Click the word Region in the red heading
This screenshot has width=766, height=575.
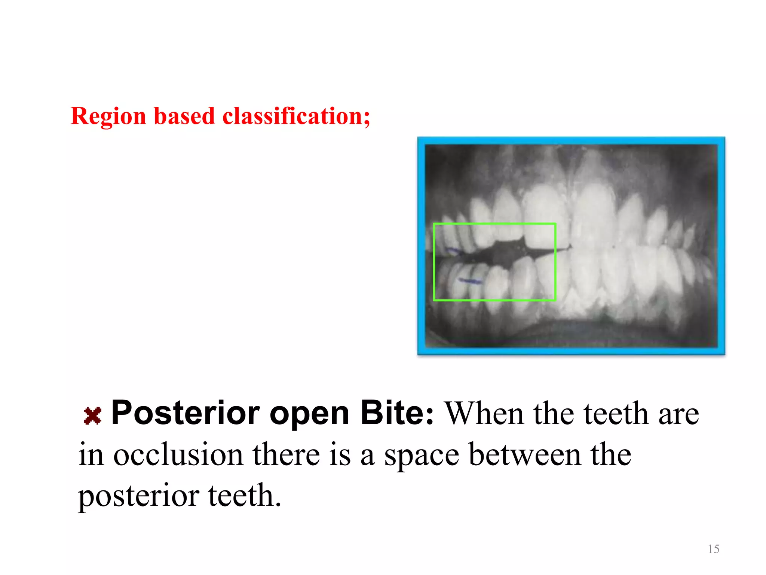point(108,116)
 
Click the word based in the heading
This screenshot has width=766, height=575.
point(184,116)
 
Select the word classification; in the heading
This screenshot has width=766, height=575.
point(296,116)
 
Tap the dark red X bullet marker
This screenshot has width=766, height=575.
point(92,416)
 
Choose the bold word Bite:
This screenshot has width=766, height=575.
point(397,413)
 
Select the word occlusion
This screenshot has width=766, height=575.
point(178,455)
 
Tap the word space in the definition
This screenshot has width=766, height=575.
point(422,456)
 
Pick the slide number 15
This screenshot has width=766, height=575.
point(713,549)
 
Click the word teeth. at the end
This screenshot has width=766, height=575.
point(244,496)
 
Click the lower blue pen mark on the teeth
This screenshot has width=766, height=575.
point(471,281)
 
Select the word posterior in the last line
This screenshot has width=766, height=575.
point(138,496)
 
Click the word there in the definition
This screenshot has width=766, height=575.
point(286,455)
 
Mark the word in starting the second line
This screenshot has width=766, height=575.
point(91,455)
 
